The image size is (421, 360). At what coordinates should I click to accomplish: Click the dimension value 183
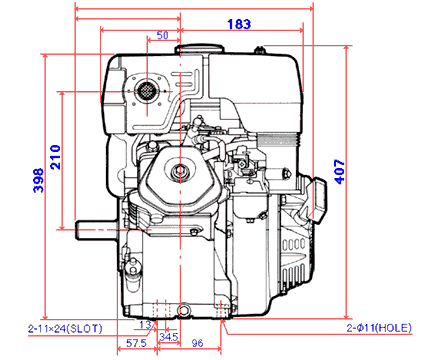click(x=239, y=24)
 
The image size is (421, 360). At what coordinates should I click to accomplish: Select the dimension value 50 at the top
click(x=162, y=35)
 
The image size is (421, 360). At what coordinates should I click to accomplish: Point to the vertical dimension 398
click(x=38, y=180)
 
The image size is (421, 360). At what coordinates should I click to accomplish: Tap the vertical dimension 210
click(x=55, y=157)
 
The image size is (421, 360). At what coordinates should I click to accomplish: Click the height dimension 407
click(x=340, y=172)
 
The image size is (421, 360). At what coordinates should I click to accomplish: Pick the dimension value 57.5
click(x=136, y=343)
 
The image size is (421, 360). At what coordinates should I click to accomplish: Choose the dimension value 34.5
click(x=169, y=337)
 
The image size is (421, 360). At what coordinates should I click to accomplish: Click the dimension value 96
click(x=197, y=343)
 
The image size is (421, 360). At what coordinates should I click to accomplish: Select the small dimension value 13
click(x=145, y=324)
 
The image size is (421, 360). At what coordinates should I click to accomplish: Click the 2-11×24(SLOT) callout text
click(x=65, y=329)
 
